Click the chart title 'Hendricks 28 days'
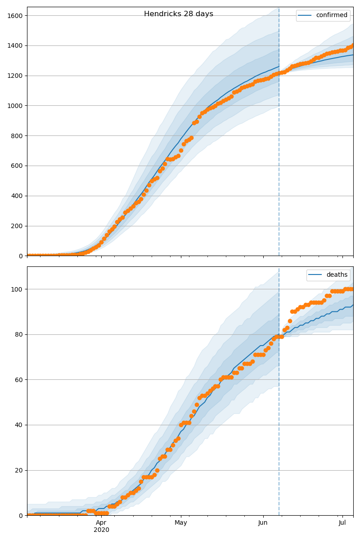[179, 14]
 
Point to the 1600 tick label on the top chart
[15, 16]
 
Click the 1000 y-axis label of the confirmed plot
[15, 106]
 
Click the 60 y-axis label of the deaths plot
[19, 380]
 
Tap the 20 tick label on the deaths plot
[19, 470]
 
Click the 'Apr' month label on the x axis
[101, 523]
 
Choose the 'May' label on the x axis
[181, 523]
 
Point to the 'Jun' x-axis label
[263, 523]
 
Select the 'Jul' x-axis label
[342, 523]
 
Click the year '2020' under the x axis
[101, 530]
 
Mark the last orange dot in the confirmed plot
[353, 45]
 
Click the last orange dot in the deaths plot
[353, 289]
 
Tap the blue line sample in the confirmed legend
[306, 15]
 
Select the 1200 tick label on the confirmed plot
[15, 76]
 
